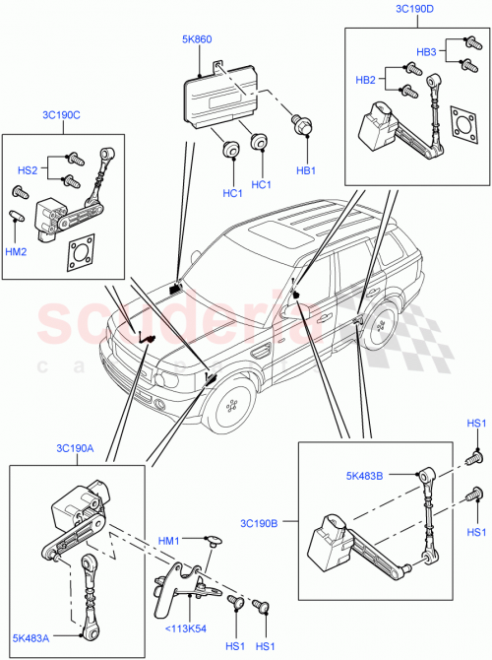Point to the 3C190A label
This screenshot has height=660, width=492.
click(x=76, y=449)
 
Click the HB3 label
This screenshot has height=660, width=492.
click(x=426, y=51)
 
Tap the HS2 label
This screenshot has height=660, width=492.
click(x=30, y=169)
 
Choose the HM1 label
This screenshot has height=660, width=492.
click(x=169, y=539)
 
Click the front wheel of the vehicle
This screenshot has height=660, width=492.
click(x=234, y=405)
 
